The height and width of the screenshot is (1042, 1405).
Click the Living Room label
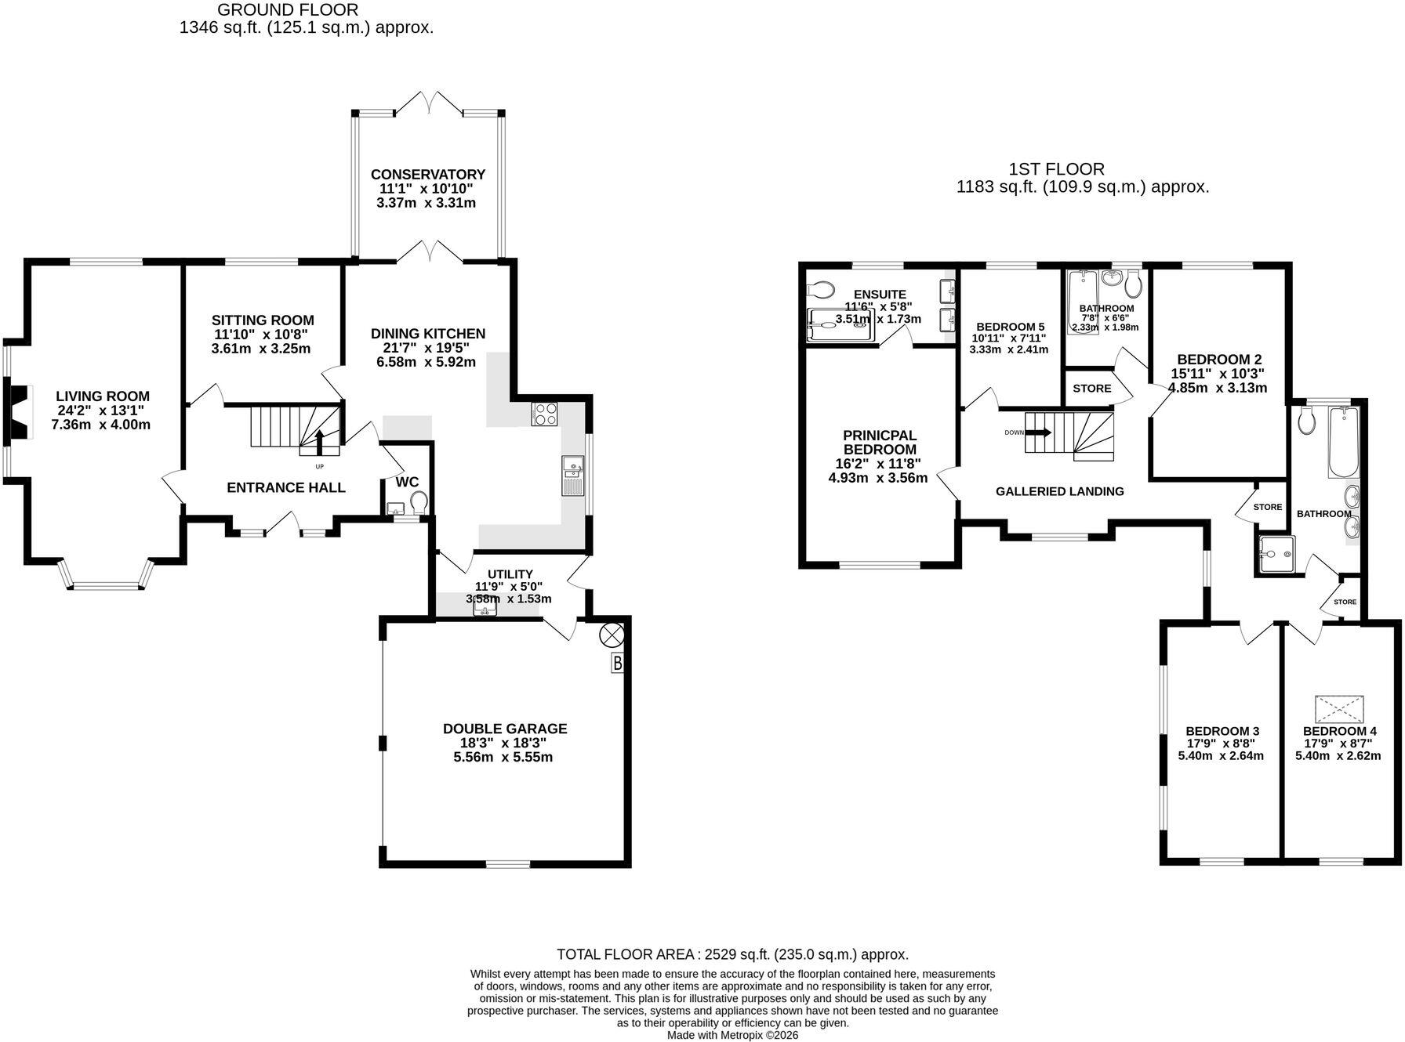(x=103, y=396)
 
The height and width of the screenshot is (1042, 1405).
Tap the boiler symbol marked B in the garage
(x=618, y=664)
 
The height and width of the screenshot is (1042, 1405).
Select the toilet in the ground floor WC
(x=419, y=501)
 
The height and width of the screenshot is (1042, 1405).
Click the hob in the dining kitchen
(x=545, y=414)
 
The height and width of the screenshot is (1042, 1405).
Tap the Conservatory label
(x=428, y=174)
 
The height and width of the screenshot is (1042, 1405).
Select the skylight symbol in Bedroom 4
(x=1339, y=710)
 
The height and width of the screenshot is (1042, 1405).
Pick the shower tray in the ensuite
(x=840, y=325)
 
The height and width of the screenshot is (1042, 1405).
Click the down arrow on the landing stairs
(x=1038, y=432)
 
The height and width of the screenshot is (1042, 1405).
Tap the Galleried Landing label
(x=1059, y=491)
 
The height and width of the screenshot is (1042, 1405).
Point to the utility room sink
(x=486, y=609)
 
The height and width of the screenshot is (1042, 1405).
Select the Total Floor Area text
(x=732, y=954)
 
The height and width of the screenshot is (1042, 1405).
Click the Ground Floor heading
(x=288, y=10)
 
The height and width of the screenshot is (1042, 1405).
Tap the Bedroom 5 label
(x=1010, y=327)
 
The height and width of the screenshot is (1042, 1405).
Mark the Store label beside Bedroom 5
(x=1091, y=389)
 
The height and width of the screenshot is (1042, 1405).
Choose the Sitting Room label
(x=263, y=320)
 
